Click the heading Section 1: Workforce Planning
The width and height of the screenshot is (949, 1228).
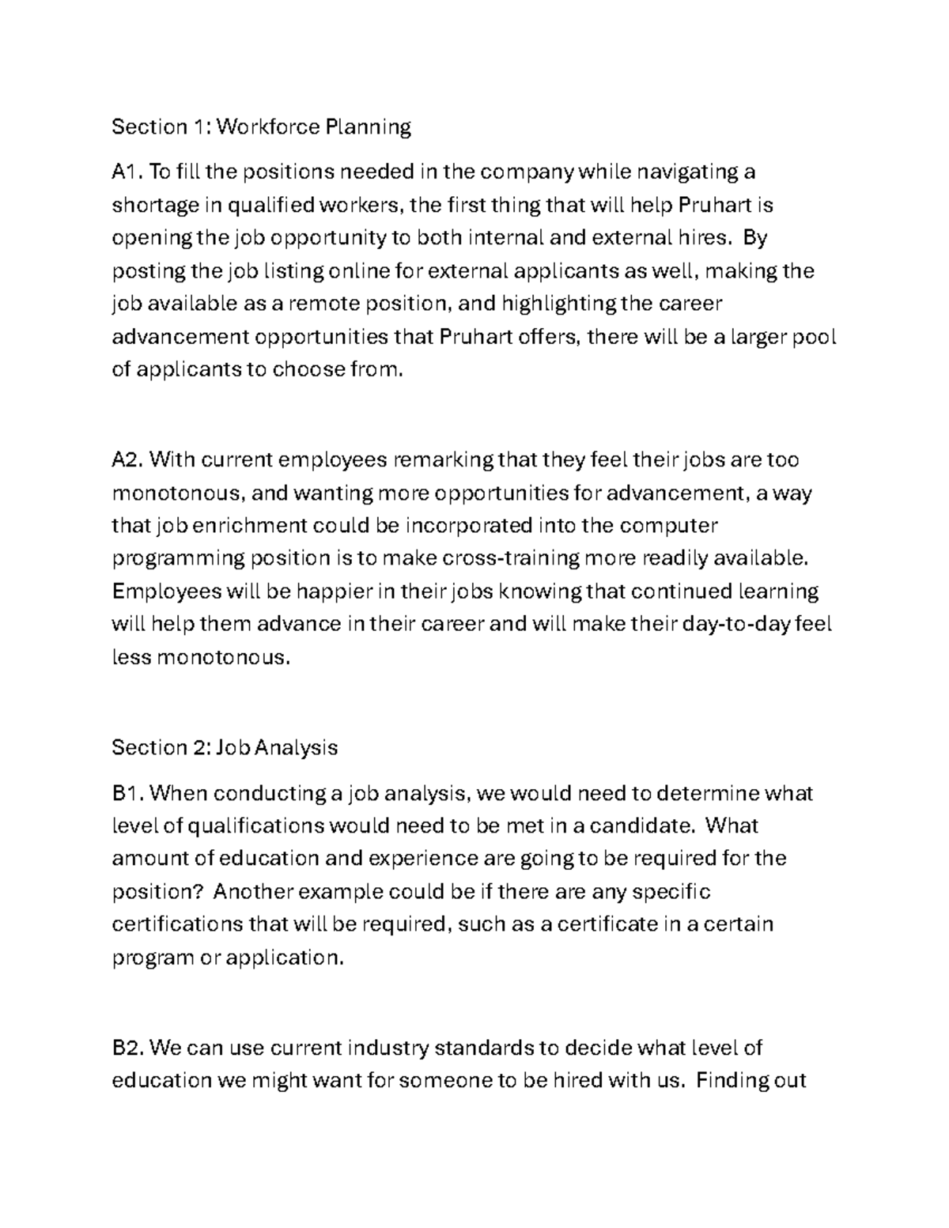coord(261,127)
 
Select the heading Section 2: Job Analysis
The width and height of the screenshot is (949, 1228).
coord(225,747)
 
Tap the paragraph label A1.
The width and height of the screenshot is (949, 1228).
coord(127,172)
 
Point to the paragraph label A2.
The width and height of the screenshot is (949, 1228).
coord(127,459)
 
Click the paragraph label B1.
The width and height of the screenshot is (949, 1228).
coord(127,792)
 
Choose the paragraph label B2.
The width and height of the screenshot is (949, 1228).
coord(127,1048)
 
